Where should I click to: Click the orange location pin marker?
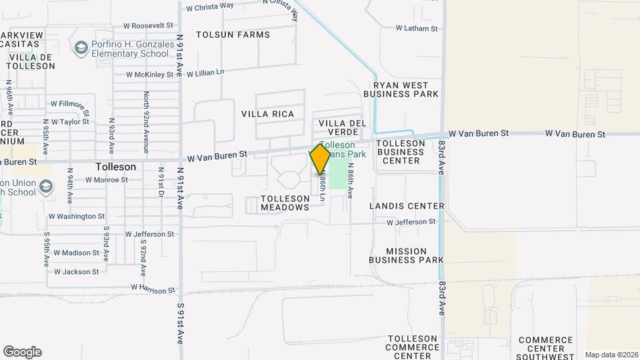coord(320,159)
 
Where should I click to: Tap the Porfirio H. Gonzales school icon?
coord(81,48)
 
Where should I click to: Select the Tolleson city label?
coord(115,167)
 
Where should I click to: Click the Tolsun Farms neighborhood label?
coord(233,35)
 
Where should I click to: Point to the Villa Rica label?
coord(267,114)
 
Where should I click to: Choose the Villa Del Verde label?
coord(343,128)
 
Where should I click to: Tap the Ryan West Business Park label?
coord(405,89)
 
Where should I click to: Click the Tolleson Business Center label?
coord(401,152)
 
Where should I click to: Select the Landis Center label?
coord(407,206)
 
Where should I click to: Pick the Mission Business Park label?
coord(407,255)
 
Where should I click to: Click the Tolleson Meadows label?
coord(285,203)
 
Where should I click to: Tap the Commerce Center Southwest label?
coord(545,348)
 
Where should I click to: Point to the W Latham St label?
coord(417,29)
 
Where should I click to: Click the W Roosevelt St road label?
coord(148,26)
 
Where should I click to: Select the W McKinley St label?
coord(149,75)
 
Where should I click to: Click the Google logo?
coord(22,352)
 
